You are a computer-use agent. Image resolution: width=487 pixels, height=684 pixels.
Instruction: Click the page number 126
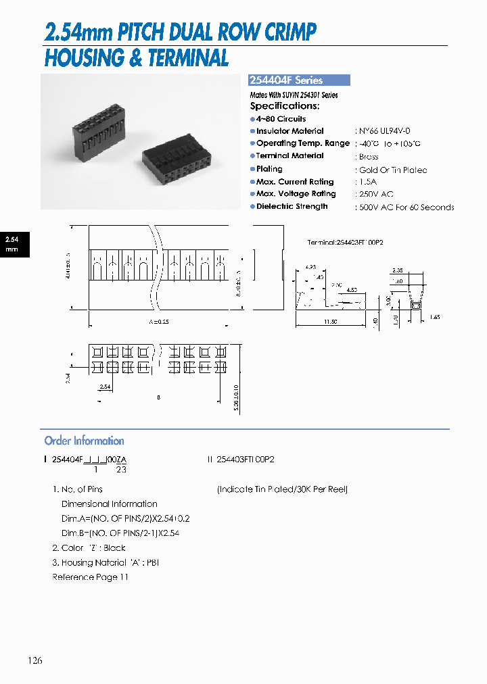click(35, 660)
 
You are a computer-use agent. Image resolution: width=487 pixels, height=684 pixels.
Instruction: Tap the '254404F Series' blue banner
click(300, 80)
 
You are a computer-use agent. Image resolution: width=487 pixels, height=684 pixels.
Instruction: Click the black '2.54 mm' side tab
click(12, 244)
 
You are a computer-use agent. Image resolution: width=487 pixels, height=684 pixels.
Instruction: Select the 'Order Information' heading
click(84, 441)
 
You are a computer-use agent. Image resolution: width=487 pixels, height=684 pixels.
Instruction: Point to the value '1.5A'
click(369, 182)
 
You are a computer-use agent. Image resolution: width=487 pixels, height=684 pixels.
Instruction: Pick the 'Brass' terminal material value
click(369, 157)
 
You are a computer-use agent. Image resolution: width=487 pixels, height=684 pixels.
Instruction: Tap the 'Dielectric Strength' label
click(292, 207)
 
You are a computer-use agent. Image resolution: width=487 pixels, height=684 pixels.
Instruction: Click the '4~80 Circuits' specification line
click(281, 119)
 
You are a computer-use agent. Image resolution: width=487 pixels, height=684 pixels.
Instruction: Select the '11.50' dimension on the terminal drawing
click(330, 322)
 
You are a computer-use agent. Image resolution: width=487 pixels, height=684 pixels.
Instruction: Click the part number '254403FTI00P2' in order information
click(245, 459)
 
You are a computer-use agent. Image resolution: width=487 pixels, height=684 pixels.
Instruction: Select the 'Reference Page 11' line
click(90, 577)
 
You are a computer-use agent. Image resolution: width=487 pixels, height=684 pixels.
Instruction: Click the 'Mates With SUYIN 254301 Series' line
click(294, 95)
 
